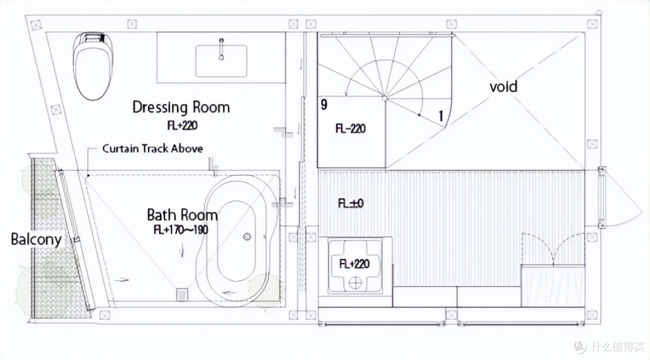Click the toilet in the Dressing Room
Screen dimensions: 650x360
93,66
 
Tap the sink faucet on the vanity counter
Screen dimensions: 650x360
221,49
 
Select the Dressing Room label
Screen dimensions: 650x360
181,107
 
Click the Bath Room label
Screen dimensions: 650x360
182,215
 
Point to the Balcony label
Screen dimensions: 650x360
37,240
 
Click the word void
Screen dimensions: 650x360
504,86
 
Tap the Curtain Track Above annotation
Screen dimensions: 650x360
152,149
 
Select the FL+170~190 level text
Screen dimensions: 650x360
181,229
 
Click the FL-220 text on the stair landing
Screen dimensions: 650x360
351,128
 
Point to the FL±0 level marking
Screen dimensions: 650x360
351,203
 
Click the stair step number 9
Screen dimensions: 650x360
324,104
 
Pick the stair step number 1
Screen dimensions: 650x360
441,116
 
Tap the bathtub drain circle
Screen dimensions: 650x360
247,237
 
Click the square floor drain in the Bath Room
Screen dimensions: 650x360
182,294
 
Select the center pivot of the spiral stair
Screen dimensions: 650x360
385,98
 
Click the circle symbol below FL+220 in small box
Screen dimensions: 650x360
355,284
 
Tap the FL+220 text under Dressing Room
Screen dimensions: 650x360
182,125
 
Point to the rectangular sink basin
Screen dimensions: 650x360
221,61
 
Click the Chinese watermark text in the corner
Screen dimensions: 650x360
613,346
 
